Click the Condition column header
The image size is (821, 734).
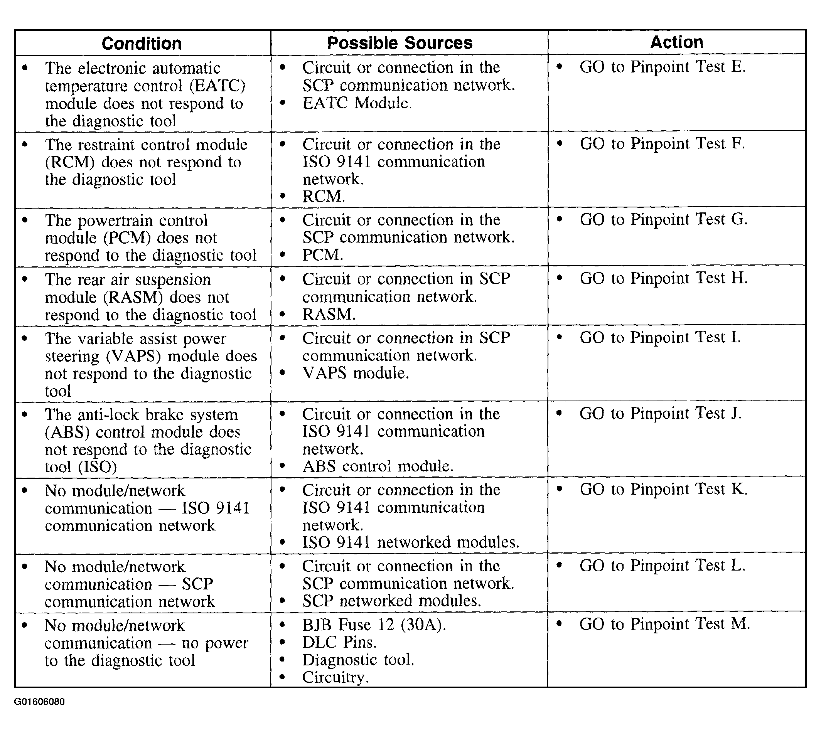click(142, 44)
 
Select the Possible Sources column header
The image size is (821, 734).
click(400, 43)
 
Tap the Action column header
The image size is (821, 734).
click(676, 42)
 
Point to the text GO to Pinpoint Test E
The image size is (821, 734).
click(663, 67)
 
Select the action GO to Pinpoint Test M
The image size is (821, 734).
click(664, 624)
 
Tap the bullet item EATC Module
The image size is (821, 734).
click(357, 103)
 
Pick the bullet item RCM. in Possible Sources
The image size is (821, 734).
click(324, 196)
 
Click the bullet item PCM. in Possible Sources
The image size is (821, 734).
click(323, 255)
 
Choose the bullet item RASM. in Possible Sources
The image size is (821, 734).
click(329, 314)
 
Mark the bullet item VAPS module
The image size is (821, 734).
click(356, 373)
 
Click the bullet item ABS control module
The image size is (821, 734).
click(378, 466)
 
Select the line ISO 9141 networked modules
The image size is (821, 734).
click(411, 542)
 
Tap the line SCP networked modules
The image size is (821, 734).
click(392, 601)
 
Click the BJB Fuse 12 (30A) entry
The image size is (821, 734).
click(374, 625)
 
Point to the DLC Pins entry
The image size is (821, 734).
click(339, 642)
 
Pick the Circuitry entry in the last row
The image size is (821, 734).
click(335, 677)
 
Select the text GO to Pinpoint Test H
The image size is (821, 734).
click(664, 278)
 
